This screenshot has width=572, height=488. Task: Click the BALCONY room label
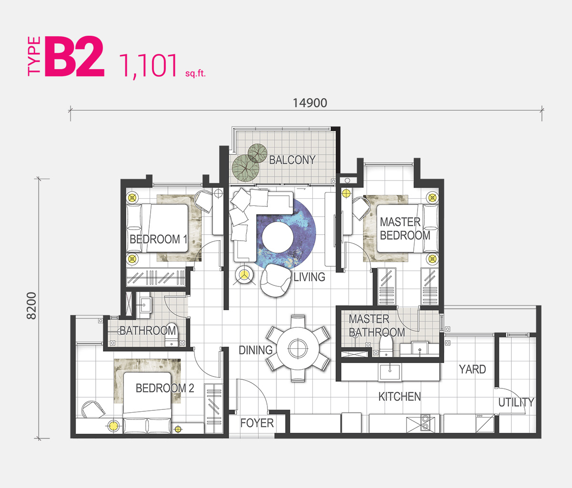(292, 160)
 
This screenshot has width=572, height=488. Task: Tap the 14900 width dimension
(310, 103)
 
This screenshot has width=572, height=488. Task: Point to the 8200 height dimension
(31, 305)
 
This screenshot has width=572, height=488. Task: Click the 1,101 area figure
(148, 66)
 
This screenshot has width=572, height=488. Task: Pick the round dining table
(298, 348)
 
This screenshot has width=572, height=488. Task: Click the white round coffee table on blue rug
(277, 237)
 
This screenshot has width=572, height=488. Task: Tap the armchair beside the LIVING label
(276, 280)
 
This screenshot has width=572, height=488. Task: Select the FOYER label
(257, 423)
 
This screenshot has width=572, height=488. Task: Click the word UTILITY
(516, 402)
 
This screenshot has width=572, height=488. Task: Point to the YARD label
(472, 369)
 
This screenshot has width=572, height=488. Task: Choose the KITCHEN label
(399, 396)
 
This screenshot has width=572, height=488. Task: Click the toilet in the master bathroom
(386, 346)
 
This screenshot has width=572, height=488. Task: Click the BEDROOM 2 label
(164, 388)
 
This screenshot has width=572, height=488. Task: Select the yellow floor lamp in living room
(244, 275)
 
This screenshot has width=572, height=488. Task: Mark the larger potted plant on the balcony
(245, 168)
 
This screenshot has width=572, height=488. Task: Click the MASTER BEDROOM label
(405, 228)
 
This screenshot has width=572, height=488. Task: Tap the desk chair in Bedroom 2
(93, 409)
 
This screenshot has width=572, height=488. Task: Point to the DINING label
(255, 350)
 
